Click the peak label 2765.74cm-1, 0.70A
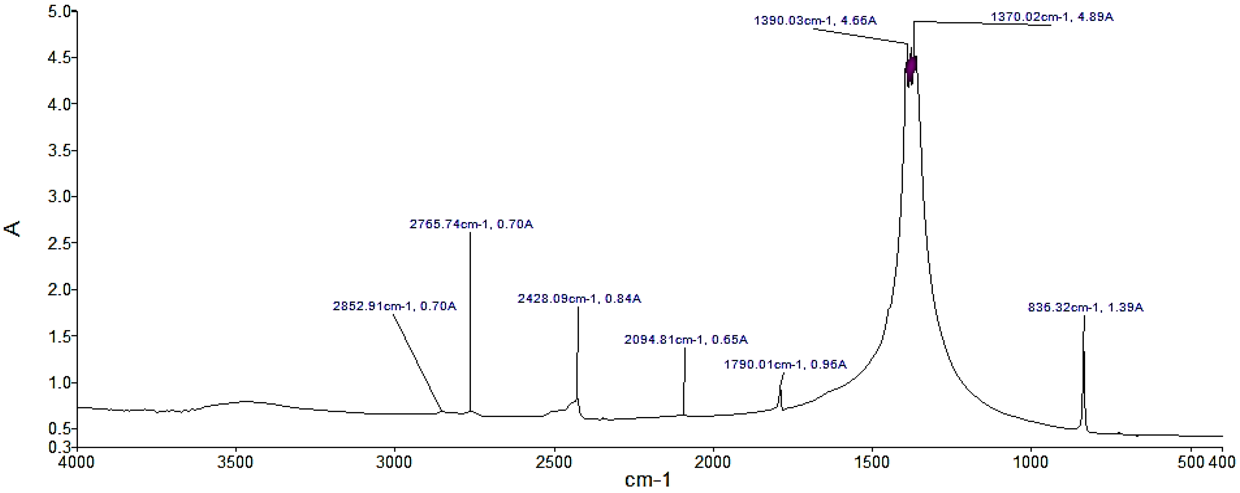471,224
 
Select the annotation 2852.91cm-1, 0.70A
394,306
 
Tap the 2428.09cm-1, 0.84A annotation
579,299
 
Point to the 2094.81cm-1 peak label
685,340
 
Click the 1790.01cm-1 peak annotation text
785,365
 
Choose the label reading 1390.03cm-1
815,21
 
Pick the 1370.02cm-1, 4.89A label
1051,17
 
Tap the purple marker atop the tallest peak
911,67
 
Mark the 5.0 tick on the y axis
59,11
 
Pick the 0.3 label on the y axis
59,447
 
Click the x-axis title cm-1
647,480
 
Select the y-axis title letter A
13,228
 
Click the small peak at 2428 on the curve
577,399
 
